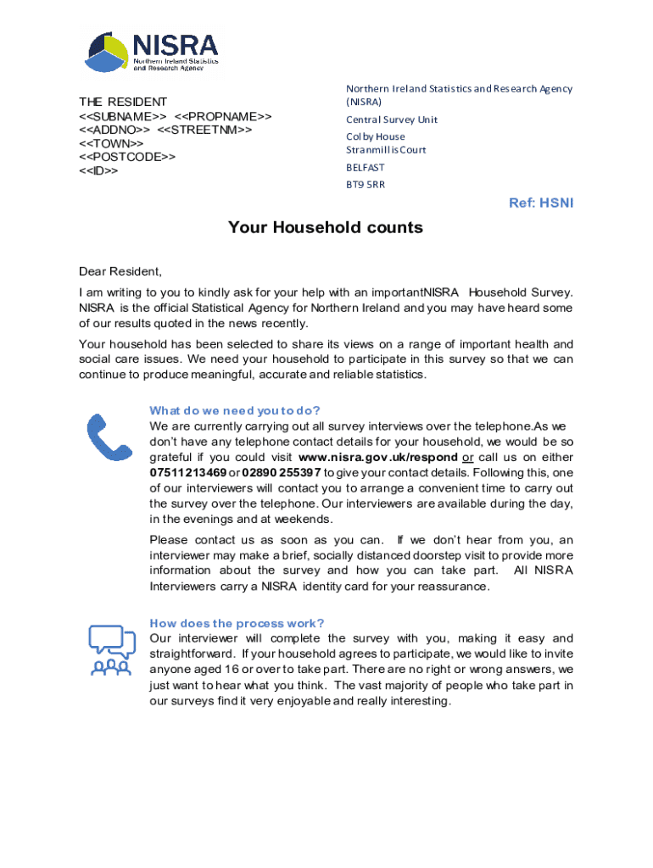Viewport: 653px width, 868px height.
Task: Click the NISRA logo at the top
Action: (152, 52)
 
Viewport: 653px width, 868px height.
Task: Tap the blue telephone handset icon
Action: (109, 437)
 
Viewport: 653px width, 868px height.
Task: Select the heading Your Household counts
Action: (326, 228)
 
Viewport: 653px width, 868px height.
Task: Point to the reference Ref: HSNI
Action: (541, 203)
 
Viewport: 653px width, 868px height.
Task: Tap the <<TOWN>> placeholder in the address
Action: (111, 143)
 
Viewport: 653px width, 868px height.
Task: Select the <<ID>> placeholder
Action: (98, 170)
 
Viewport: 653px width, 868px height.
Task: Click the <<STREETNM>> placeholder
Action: (205, 130)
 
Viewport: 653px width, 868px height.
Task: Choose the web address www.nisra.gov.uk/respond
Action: (378, 458)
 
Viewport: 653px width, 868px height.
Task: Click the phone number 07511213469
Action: (188, 472)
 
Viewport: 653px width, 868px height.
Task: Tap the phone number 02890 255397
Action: (282, 472)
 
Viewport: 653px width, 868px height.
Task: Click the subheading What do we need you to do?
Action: (235, 411)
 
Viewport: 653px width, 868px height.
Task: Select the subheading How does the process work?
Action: (237, 623)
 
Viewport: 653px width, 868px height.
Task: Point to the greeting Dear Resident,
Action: (120, 271)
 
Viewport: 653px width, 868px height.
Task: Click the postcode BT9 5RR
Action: (366, 184)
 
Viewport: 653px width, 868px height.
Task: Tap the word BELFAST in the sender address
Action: (366, 168)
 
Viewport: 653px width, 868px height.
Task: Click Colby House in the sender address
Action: (376, 136)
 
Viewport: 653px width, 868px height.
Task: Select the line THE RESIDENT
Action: (123, 102)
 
